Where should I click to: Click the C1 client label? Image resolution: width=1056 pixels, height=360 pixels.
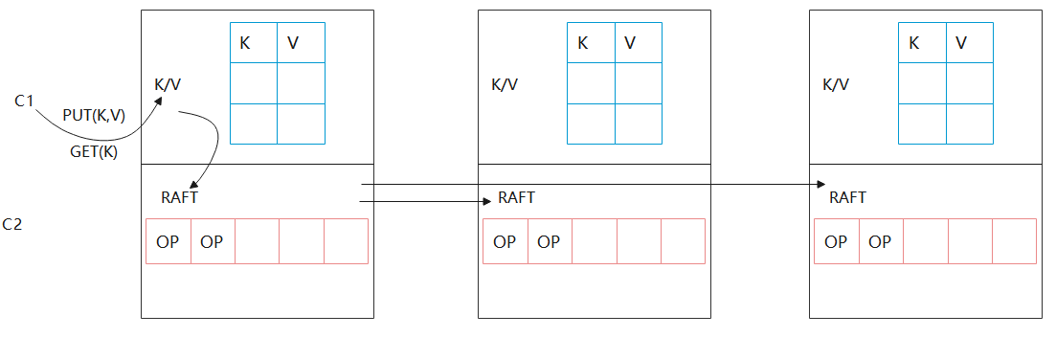[25, 100]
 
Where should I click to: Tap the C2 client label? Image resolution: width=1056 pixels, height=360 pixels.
[12, 225]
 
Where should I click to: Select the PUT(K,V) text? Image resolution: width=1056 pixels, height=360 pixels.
[94, 116]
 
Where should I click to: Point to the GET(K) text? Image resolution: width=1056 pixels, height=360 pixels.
[94, 151]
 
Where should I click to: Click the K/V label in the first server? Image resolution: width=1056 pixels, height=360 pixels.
[168, 84]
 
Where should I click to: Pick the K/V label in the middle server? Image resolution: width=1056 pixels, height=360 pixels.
[505, 84]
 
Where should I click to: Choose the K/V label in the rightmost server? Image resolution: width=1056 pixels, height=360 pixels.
[836, 84]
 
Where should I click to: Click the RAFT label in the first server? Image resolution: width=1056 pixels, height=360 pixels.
[179, 198]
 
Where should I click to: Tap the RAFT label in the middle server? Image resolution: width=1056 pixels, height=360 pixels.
[517, 198]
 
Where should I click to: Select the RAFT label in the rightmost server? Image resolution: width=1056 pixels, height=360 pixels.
[847, 198]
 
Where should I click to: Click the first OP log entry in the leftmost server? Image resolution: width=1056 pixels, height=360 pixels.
[168, 241]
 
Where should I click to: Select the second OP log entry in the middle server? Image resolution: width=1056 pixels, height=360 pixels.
[549, 241]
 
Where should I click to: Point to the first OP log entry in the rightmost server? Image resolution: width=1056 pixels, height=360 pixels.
[836, 241]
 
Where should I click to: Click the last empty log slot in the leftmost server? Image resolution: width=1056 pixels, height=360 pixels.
[346, 241]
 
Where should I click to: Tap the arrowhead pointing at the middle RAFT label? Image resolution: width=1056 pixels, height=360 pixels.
[486, 202]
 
